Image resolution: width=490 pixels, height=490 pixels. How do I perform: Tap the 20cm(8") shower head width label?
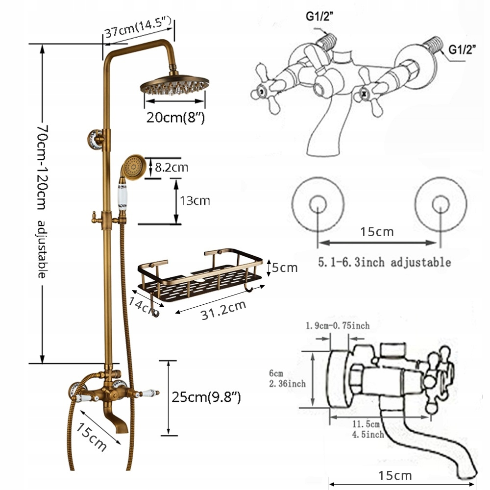(x=175, y=118)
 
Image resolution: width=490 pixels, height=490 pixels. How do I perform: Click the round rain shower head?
(x=174, y=87)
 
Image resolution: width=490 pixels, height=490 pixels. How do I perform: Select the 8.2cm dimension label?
(x=171, y=168)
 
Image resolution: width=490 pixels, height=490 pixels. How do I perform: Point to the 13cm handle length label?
(x=196, y=200)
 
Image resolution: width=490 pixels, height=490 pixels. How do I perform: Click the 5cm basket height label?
(x=285, y=268)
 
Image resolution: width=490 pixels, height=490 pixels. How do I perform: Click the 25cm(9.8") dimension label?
(x=206, y=396)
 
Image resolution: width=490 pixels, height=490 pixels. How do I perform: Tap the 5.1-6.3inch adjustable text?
(x=384, y=262)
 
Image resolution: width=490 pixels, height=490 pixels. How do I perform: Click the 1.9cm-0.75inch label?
(x=337, y=325)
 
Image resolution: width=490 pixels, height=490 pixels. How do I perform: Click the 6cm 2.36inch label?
(x=287, y=378)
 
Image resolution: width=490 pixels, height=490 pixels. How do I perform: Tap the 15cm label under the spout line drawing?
(x=395, y=475)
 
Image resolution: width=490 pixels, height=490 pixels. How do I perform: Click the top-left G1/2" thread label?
(x=319, y=16)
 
